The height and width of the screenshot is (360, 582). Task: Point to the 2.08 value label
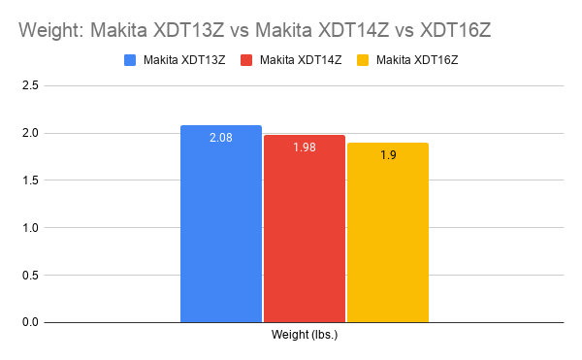[x=221, y=138]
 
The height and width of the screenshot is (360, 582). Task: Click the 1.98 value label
[x=305, y=147]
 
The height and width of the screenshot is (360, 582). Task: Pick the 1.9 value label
[x=388, y=155]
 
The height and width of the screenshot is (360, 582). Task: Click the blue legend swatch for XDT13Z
[x=131, y=60]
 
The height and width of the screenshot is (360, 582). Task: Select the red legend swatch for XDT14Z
[x=247, y=60]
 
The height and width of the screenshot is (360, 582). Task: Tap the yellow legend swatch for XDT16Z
[x=364, y=60]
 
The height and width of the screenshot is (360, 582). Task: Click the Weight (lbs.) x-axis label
[x=305, y=336]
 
